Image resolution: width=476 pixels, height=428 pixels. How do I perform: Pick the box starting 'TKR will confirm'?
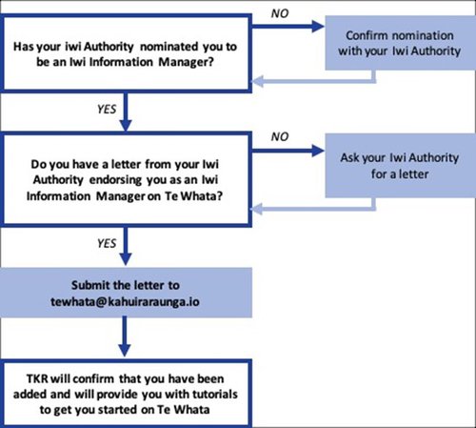click(x=128, y=389)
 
